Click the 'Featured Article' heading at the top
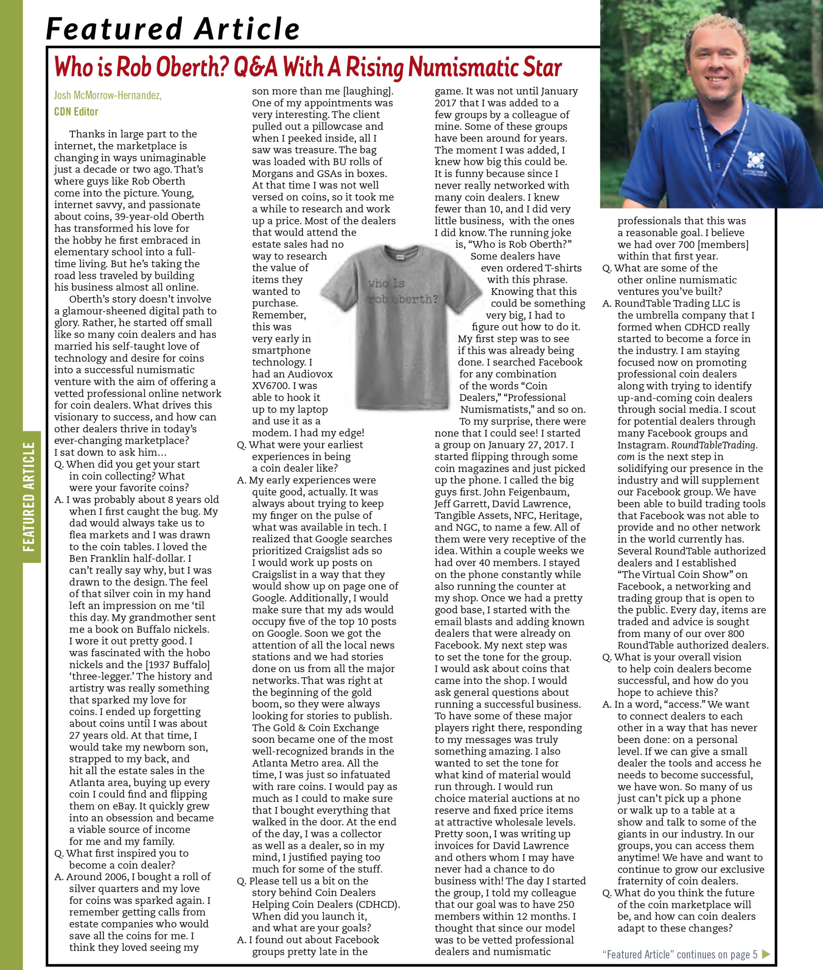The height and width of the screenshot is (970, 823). (172, 29)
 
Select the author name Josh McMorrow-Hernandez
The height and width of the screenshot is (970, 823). (108, 95)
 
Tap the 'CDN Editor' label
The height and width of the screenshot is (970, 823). (76, 111)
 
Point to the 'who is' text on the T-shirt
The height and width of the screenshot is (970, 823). (386, 283)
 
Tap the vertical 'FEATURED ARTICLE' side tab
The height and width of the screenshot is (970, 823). (30, 496)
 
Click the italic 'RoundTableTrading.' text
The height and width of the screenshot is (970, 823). (714, 445)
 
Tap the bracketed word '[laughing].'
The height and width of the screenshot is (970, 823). (368, 91)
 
